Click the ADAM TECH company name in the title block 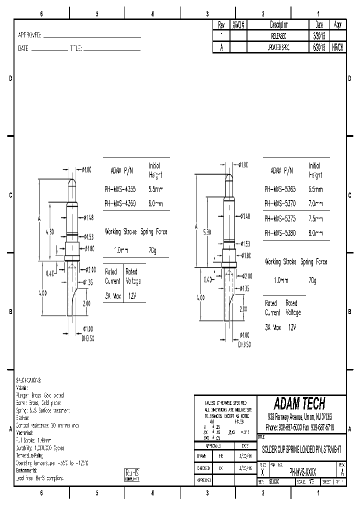[299, 403]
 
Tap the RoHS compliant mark [131, 474]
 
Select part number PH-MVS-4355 [119, 190]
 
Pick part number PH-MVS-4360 [119, 203]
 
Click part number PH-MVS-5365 [280, 189]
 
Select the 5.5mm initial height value [155, 190]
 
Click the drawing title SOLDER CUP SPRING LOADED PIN [299, 447]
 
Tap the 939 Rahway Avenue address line [299, 416]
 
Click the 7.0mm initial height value [316, 203]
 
